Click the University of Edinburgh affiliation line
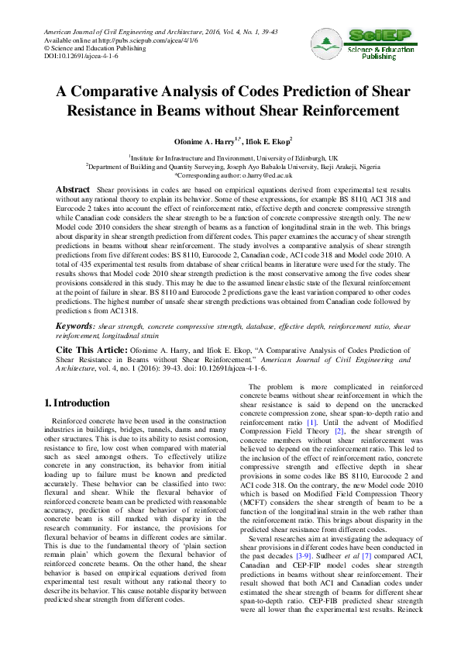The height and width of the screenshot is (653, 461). (231, 157)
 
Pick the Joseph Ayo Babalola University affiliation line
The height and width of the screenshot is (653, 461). (231, 167)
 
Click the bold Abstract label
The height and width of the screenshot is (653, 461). (74, 190)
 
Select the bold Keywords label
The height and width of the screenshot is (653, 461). (75, 329)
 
